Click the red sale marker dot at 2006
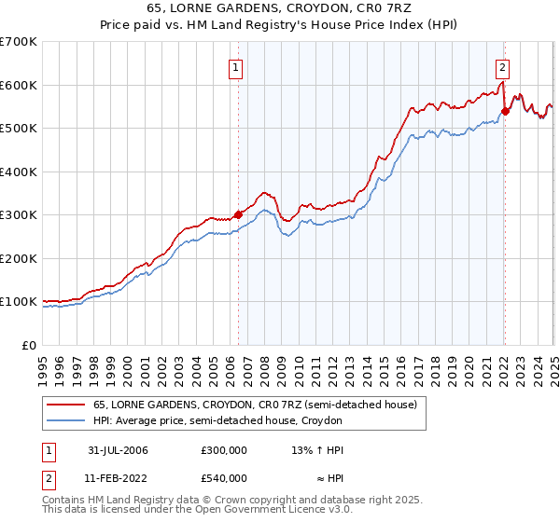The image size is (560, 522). tap(238, 213)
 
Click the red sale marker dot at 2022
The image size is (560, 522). tap(505, 110)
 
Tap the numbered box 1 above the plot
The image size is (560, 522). tap(235, 67)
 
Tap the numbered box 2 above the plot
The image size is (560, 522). tap(502, 67)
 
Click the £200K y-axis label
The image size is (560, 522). tap(20, 258)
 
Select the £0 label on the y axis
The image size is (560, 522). tap(28, 345)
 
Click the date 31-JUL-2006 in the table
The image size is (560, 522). tap(113, 450)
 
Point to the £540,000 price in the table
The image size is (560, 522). tap(223, 478)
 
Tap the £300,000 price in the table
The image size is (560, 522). tap(223, 450)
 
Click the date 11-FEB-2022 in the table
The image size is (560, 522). tap(113, 478)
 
